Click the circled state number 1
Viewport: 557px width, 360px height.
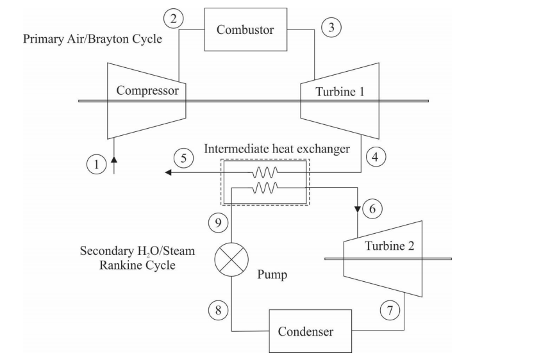coord(96,164)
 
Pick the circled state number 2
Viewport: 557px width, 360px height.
coord(173,18)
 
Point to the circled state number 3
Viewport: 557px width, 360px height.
coord(331,28)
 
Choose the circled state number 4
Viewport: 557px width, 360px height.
coord(376,156)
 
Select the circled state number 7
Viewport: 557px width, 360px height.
coord(389,310)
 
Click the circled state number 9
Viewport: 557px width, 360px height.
coord(219,222)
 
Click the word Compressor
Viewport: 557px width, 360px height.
coord(147,91)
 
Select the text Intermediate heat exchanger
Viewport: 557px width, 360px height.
coord(277,149)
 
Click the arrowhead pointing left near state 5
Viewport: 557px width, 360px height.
coord(168,172)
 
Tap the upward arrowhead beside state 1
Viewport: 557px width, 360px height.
coord(114,158)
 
